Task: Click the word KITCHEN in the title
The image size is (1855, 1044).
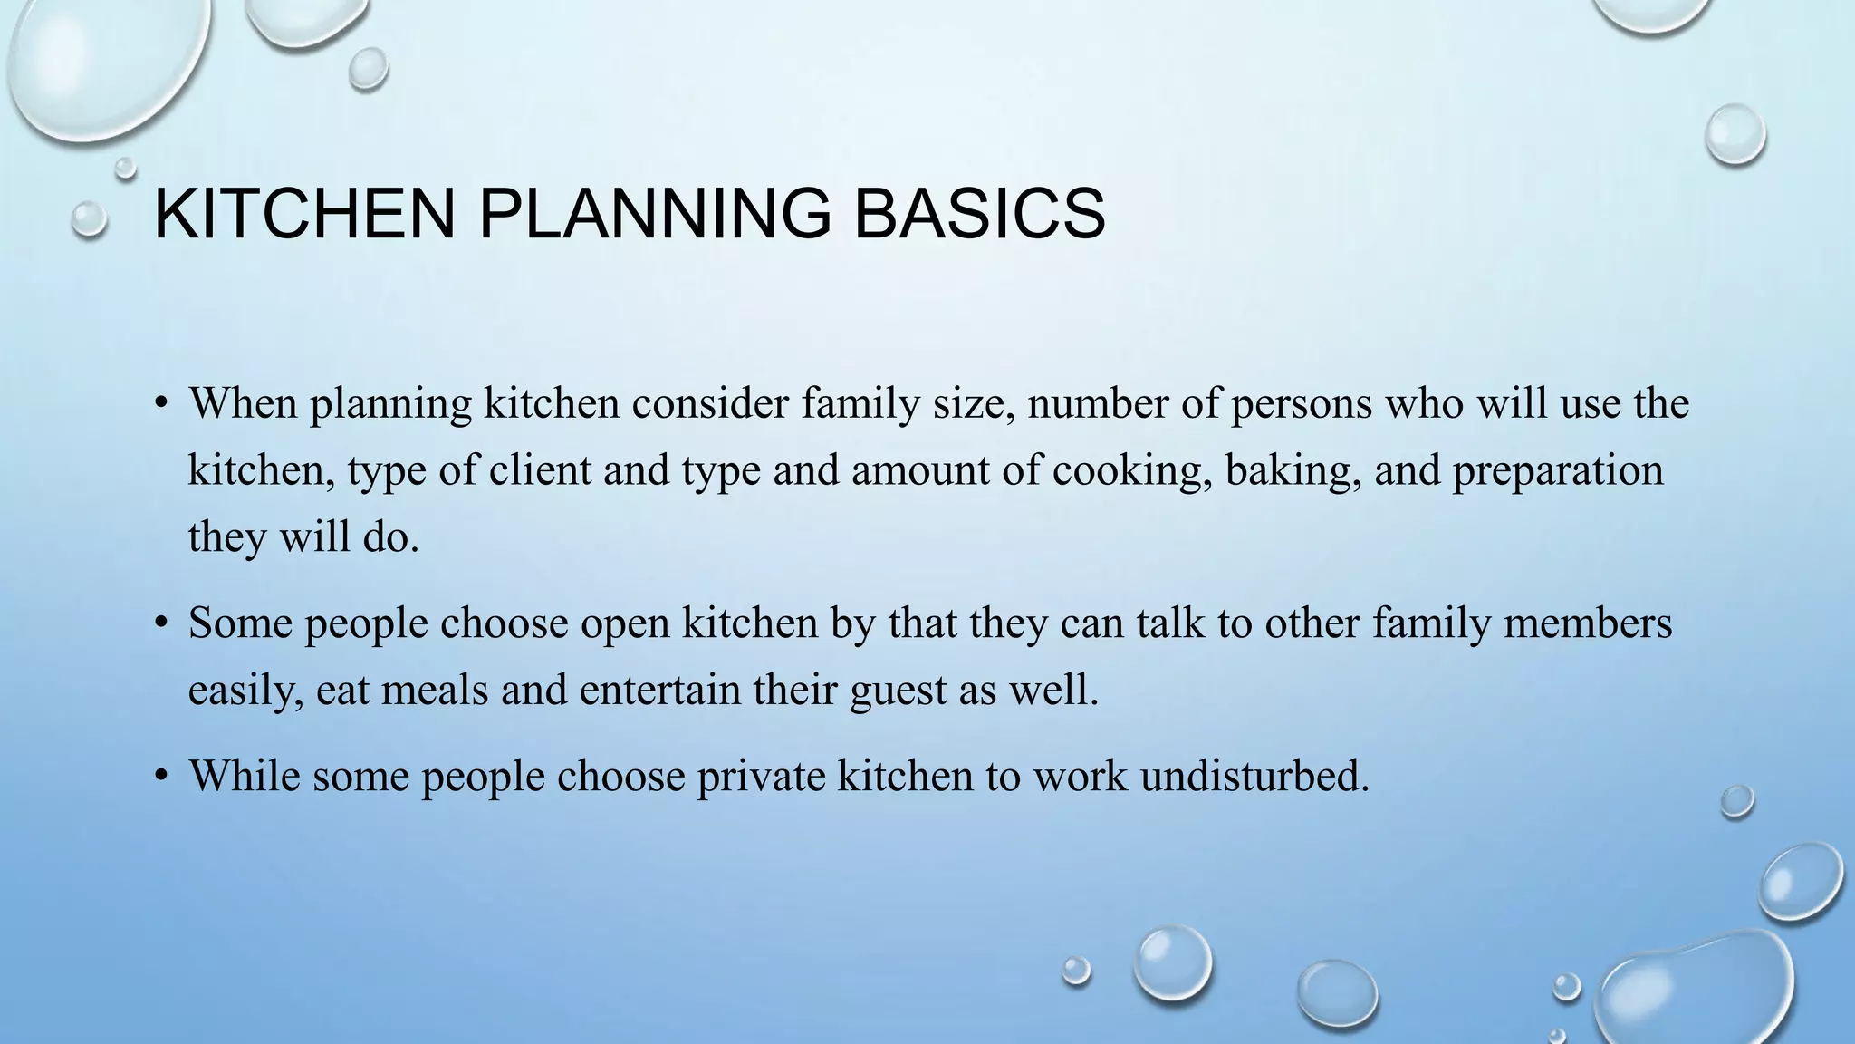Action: pos(304,214)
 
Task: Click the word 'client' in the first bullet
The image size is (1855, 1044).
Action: pos(540,470)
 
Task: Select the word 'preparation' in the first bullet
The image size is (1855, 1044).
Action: pos(1558,470)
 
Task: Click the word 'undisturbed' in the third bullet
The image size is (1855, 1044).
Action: pos(1254,776)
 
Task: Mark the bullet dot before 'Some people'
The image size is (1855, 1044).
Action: pos(161,623)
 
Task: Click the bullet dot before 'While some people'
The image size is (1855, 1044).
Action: pos(161,776)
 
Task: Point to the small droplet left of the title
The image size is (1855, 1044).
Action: pos(89,219)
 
